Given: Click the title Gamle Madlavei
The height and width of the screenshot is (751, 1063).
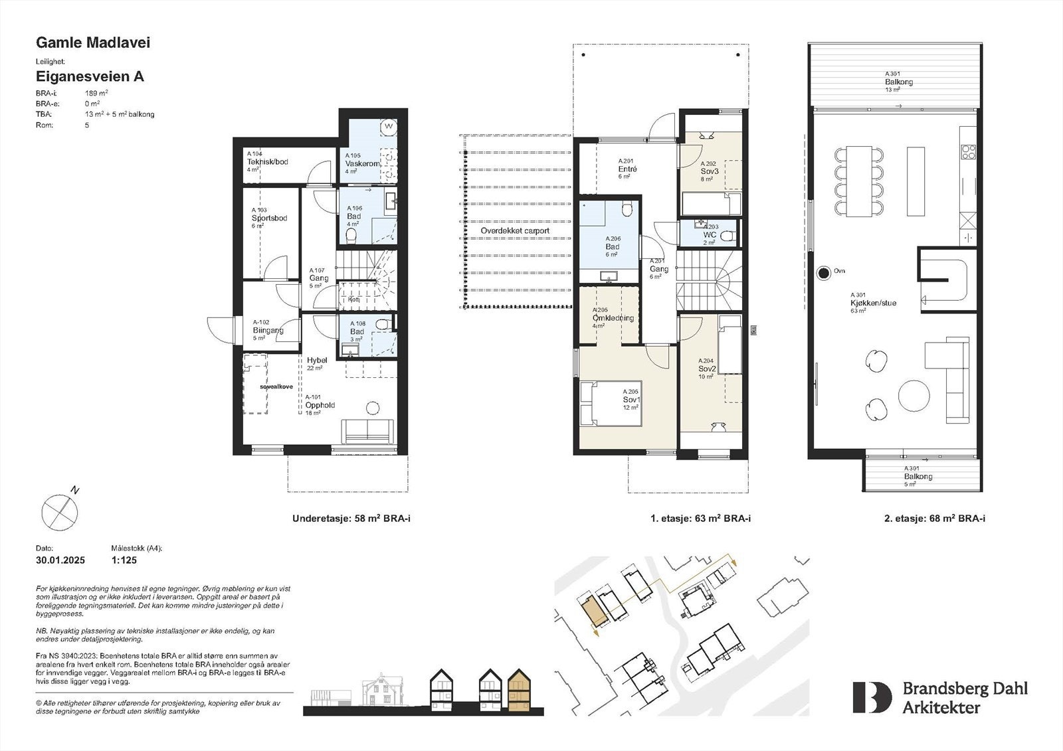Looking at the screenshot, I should tap(92, 43).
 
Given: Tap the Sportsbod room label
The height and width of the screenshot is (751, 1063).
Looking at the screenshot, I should tap(269, 218).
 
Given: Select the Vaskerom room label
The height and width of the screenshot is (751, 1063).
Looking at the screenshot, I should tap(362, 163).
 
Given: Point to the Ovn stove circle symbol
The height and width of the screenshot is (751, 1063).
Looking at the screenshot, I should tap(823, 272).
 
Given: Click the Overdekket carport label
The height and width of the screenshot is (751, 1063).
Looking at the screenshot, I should tap(516, 231).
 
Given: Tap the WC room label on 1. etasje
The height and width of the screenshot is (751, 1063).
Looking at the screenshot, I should tap(710, 235).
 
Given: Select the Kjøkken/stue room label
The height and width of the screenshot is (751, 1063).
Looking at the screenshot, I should tap(873, 303).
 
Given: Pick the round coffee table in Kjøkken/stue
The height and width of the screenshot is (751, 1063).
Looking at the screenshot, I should tap(914, 396).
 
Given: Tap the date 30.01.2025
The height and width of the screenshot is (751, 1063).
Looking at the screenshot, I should tap(60, 560).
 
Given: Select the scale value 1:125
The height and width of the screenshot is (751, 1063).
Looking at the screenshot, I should tap(124, 560).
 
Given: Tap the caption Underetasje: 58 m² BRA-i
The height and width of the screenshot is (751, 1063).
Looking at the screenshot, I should tap(351, 519).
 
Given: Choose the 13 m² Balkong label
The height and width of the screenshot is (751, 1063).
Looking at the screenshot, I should tap(898, 82).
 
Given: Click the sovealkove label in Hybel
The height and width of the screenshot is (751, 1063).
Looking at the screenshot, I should tap(276, 386).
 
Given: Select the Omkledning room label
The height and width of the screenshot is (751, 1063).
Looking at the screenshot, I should tap(613, 318).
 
